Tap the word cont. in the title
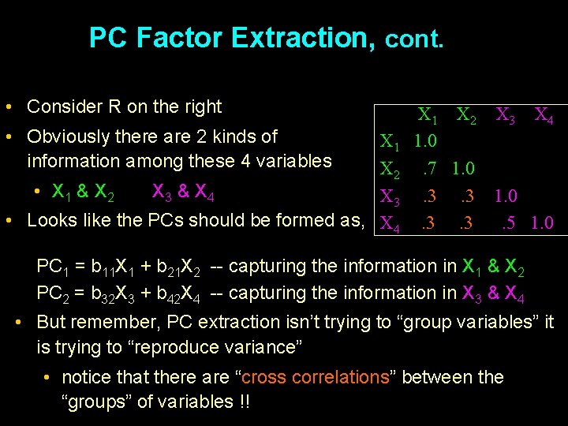coord(414,39)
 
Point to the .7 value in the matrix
coord(430,168)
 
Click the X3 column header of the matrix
coord(506,117)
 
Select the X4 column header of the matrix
coord(544,117)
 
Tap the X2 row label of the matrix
coord(390,170)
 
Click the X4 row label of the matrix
coord(390,225)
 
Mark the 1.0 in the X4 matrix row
coord(542,223)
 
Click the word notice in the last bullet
coord(85,377)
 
